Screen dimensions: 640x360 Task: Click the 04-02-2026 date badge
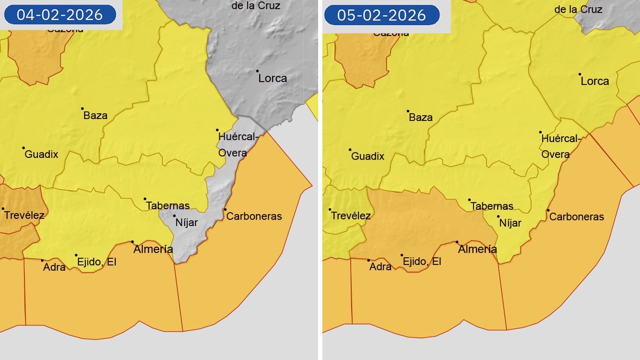[x=60, y=15]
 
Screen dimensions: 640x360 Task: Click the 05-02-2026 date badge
[x=382, y=15]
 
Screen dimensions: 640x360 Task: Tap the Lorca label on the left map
[x=272, y=78]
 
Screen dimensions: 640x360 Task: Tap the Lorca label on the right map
[x=595, y=81]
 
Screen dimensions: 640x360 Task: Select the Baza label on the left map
[x=95, y=116]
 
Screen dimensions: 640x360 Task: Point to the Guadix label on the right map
[x=368, y=156]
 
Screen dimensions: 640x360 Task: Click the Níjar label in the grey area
[x=186, y=222]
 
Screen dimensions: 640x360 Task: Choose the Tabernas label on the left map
[x=168, y=206]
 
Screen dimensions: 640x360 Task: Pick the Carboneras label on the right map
[x=576, y=217]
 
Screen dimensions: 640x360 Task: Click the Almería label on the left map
[x=153, y=249]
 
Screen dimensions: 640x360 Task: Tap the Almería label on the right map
[x=478, y=249]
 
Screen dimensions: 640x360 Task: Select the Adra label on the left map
[x=54, y=267]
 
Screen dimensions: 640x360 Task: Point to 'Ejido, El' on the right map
[x=422, y=262]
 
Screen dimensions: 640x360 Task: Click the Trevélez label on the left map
[x=24, y=215]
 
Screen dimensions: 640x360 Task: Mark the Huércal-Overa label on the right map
[x=560, y=146]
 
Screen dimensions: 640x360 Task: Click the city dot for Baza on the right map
[x=408, y=111]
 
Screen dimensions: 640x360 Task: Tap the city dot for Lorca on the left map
[x=257, y=71]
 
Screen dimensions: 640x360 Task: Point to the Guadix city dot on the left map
[x=23, y=148]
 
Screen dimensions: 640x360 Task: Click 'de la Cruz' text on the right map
[x=578, y=10]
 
